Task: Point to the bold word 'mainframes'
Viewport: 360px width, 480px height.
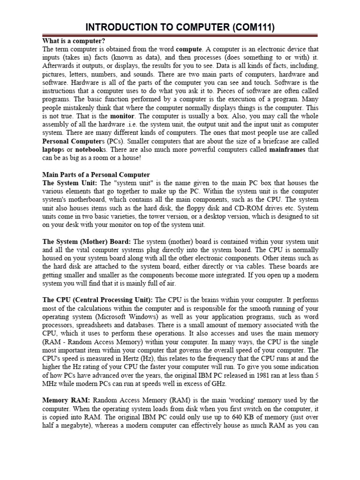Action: pyautogui.click(x=287, y=150)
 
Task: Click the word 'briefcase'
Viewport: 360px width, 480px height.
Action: pyautogui.click(x=265, y=141)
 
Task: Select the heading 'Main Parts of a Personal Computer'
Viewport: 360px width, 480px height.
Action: pyautogui.click(x=96, y=174)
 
